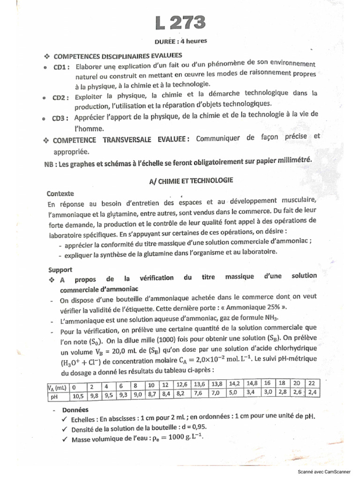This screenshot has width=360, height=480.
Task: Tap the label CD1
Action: [61, 67]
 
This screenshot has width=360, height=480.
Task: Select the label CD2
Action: [60, 97]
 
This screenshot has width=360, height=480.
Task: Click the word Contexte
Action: [60, 193]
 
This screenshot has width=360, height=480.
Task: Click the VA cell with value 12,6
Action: [182, 385]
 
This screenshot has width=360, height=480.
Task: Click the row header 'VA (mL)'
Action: [56, 387]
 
